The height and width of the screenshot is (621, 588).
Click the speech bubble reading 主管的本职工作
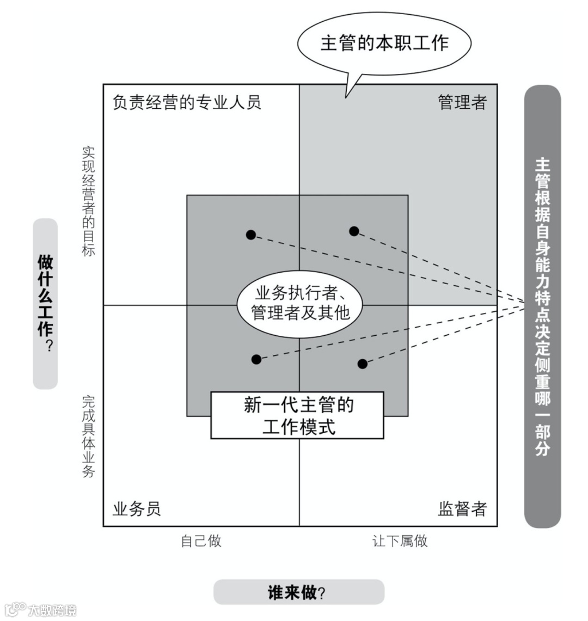(384, 43)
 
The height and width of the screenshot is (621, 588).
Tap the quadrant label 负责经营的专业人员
(187, 102)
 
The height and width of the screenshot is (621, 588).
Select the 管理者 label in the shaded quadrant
(462, 102)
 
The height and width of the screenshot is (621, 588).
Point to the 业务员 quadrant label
(137, 509)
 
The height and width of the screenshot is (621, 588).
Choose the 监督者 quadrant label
(462, 509)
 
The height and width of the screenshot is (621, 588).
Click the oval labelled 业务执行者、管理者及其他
(300, 303)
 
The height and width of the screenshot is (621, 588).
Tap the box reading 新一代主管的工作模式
(297, 415)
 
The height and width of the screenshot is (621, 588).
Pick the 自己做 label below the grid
(201, 541)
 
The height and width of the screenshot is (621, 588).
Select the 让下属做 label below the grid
(400, 541)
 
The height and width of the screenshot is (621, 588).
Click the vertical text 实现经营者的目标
(88, 200)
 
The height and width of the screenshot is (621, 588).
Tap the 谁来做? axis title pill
(298, 592)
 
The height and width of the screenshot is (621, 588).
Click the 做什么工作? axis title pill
(46, 304)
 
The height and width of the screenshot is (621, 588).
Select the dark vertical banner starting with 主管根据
(542, 306)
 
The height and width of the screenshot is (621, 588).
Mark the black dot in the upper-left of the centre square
(250, 235)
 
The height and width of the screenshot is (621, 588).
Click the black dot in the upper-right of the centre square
(354, 231)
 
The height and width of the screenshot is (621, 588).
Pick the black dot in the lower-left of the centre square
(256, 359)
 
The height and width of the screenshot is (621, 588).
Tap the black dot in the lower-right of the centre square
(363, 364)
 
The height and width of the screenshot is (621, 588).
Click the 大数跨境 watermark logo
(40, 609)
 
